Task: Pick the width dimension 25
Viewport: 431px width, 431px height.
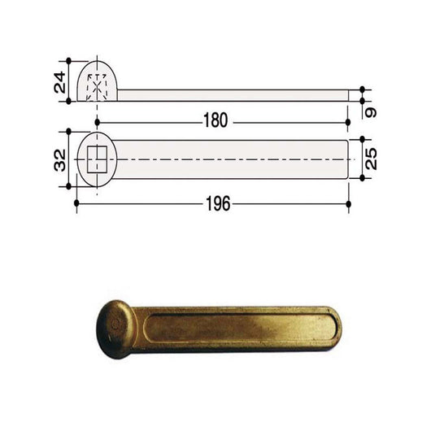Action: [370, 159]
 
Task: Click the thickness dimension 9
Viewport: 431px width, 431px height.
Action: [370, 107]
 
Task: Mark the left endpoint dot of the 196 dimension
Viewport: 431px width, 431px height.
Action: [76, 204]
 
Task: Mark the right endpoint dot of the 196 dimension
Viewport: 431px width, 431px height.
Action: [349, 204]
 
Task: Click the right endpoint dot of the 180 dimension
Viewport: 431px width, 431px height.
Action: [349, 121]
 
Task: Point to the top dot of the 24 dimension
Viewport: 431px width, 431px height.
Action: [68, 61]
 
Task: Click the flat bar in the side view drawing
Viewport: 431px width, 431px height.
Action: [236, 95]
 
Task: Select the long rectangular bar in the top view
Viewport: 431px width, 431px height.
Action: [236, 159]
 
